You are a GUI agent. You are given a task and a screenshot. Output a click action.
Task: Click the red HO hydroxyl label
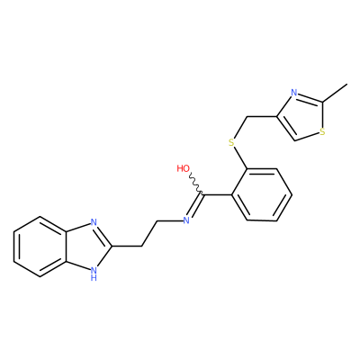tap(183, 168)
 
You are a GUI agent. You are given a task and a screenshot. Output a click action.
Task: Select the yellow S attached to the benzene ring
tap(231, 142)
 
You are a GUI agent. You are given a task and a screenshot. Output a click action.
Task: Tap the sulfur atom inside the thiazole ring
tap(322, 132)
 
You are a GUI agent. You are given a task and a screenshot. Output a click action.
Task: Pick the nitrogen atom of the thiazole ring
tap(294, 93)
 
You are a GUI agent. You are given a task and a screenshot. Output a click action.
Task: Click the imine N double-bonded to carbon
tap(186, 220)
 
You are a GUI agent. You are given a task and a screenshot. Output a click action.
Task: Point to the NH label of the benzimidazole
tap(94, 274)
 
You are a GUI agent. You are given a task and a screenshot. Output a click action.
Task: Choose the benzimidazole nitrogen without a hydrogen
tap(94, 222)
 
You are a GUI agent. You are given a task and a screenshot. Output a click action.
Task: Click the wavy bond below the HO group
tap(196, 184)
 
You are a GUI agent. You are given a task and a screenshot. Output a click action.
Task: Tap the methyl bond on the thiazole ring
tap(335, 93)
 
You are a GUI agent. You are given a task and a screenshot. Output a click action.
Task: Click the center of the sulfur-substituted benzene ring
tap(261, 195)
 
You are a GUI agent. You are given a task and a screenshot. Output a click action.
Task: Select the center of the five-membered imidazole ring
tap(88, 247)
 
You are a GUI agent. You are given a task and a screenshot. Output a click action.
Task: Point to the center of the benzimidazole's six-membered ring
tap(40, 247)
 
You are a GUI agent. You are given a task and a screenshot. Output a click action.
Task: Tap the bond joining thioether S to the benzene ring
tap(240, 158)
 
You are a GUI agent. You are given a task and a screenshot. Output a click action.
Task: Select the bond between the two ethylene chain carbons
tap(149, 234)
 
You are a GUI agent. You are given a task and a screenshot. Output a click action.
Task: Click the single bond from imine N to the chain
tap(170, 221)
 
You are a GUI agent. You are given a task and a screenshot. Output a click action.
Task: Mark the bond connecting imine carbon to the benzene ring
tap(217, 195)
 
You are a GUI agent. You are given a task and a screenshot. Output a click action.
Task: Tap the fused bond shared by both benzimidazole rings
tap(66, 247)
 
